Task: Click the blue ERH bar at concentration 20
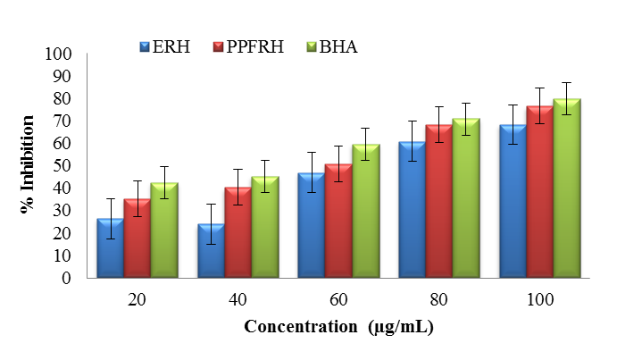click(x=110, y=247)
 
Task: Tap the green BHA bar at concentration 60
click(x=365, y=210)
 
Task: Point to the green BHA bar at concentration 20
click(x=163, y=230)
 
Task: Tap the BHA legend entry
click(x=330, y=46)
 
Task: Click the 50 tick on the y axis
click(x=62, y=165)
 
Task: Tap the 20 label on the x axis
click(x=137, y=301)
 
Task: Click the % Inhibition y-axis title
click(x=29, y=165)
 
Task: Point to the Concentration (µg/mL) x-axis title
click(x=338, y=327)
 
